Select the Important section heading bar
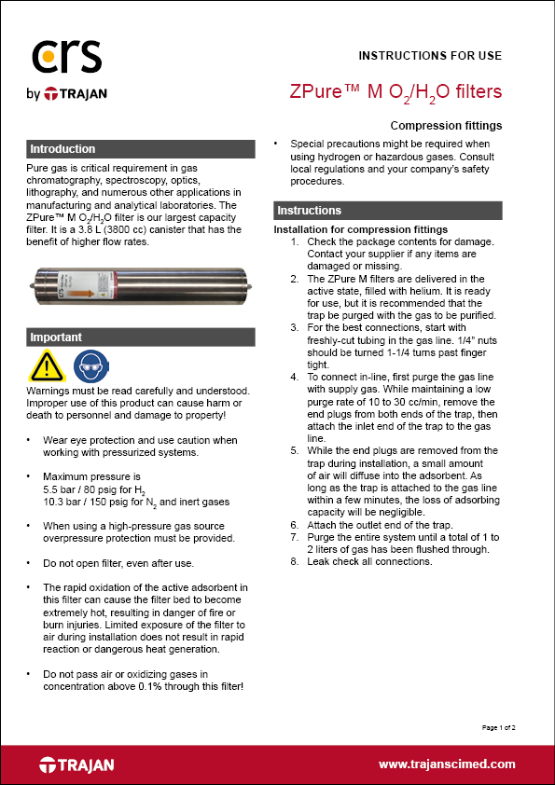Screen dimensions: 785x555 140,337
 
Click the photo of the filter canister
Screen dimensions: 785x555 139,286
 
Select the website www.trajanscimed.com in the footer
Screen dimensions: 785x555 447,764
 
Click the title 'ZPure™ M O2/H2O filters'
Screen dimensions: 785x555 395,91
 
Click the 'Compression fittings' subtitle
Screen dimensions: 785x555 446,125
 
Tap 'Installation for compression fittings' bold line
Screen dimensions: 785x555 360,229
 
